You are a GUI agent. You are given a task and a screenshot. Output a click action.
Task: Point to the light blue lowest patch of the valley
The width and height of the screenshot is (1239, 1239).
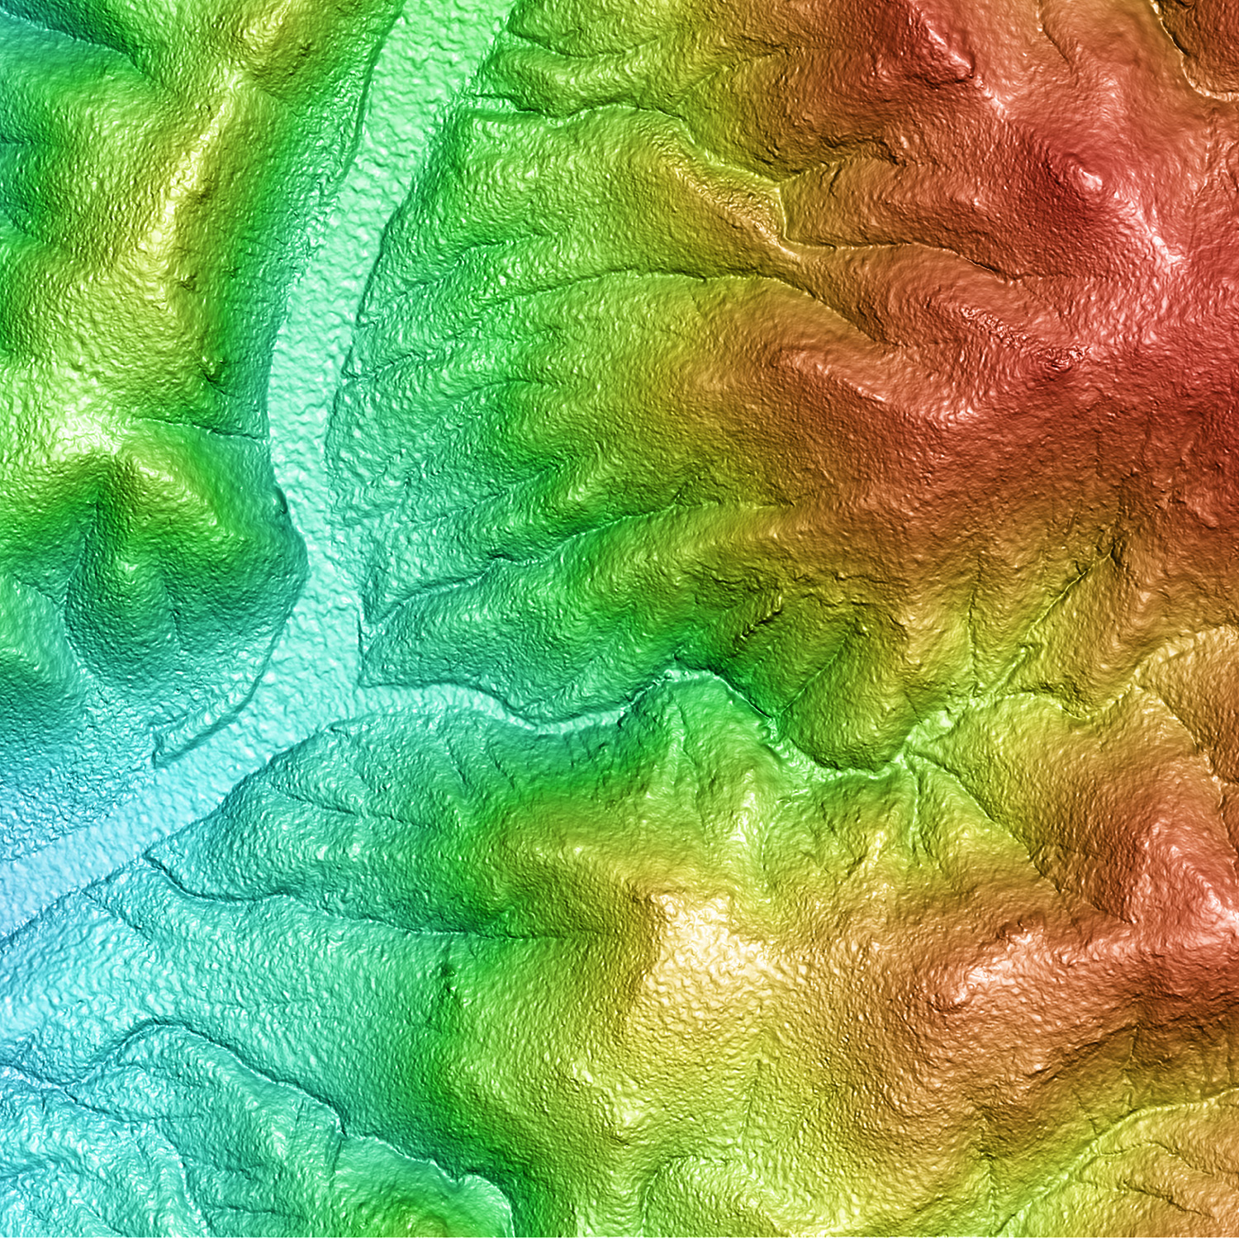[x=17, y=892]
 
